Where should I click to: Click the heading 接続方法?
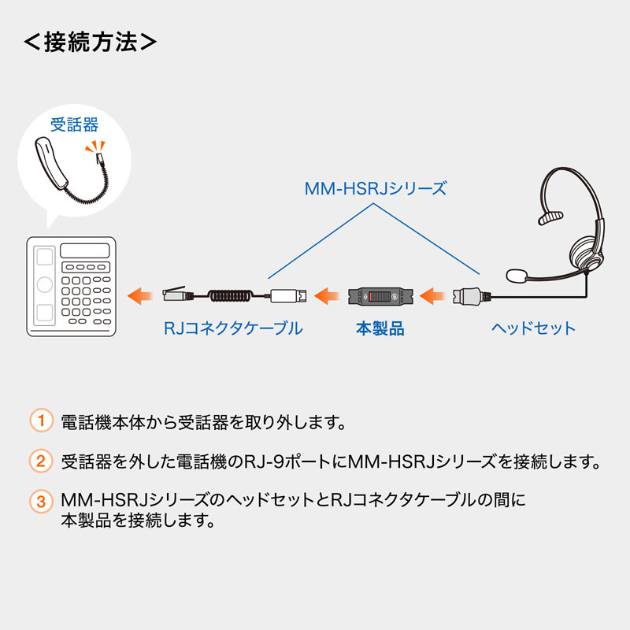(90, 41)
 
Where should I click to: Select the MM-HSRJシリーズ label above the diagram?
(375, 189)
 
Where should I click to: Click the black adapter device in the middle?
(380, 297)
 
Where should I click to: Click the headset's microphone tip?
(516, 276)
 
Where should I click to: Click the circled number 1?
(40, 421)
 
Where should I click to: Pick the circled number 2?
(40, 460)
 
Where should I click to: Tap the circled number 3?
(40, 501)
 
